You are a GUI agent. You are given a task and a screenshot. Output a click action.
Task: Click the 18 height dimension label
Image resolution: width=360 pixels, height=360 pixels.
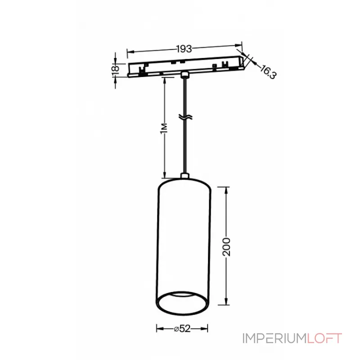point(116,68)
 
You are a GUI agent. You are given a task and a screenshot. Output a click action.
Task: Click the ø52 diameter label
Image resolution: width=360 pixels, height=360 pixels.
point(182,328)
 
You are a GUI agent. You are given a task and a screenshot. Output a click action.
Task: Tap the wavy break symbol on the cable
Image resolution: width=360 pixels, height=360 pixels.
point(184,118)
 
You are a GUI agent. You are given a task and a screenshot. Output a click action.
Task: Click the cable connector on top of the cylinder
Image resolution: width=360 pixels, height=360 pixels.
point(184,176)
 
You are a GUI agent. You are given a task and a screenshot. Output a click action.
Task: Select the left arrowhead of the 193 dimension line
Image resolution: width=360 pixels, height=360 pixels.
point(130,53)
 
